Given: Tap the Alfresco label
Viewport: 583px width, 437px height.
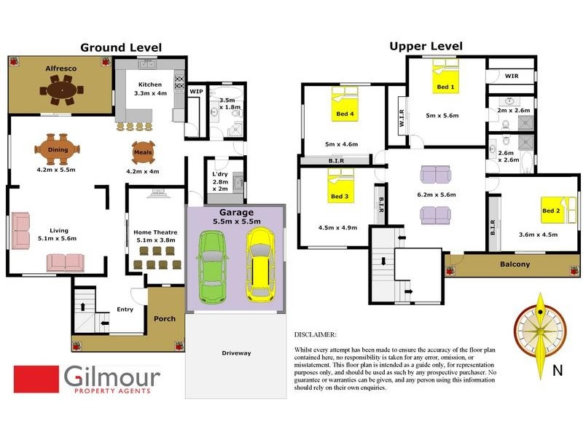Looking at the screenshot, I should (x=61, y=68).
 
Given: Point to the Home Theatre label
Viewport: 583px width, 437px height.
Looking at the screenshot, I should (x=154, y=232).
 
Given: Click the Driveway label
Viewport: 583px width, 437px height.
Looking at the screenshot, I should (x=235, y=353).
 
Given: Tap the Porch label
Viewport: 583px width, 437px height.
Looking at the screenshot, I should (x=165, y=318).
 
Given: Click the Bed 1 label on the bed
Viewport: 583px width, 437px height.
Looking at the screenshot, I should (x=445, y=87).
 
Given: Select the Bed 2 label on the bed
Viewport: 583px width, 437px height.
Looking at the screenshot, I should (x=551, y=211).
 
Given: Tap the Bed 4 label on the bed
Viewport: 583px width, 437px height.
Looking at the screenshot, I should (x=345, y=114).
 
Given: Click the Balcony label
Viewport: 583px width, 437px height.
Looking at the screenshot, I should (x=514, y=264).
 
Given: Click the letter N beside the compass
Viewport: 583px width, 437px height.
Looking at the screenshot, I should (x=557, y=370).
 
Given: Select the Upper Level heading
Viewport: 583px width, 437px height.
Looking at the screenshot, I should (x=426, y=47).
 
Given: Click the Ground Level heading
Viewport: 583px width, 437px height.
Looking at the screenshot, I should (x=121, y=47).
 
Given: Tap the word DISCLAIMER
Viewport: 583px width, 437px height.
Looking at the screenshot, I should (x=315, y=334).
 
